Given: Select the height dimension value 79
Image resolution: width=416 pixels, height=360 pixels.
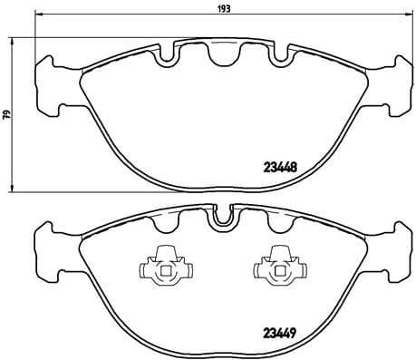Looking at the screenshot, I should [6, 114].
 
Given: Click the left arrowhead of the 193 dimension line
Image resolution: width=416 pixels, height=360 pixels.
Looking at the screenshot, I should [36, 16].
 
